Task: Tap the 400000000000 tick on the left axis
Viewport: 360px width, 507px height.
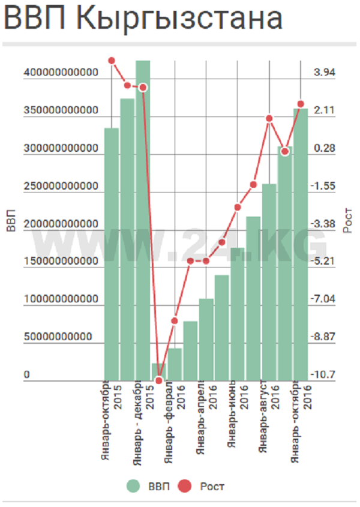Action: [x=61, y=73]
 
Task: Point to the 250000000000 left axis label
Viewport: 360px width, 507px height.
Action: [x=61, y=186]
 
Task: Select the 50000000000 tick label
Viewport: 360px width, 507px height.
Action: [x=58, y=337]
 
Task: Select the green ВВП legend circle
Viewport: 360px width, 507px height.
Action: [x=133, y=486]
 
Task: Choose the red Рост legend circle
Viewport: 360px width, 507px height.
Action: [x=186, y=486]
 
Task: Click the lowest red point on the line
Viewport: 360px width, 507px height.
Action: [x=159, y=380]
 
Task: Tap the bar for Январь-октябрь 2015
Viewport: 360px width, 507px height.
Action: [x=112, y=254]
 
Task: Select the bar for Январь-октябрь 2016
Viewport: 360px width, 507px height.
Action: [x=301, y=244]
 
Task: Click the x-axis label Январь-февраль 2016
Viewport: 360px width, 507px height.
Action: [x=173, y=420]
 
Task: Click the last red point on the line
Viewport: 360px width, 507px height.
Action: [x=301, y=104]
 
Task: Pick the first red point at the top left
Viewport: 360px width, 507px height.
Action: [x=112, y=60]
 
